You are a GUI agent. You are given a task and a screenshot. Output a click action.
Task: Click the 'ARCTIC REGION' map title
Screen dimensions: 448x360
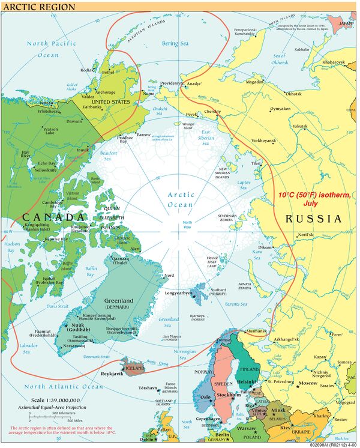click(x=38, y=7)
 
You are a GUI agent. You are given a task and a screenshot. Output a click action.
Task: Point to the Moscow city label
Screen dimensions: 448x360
click(x=308, y=383)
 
